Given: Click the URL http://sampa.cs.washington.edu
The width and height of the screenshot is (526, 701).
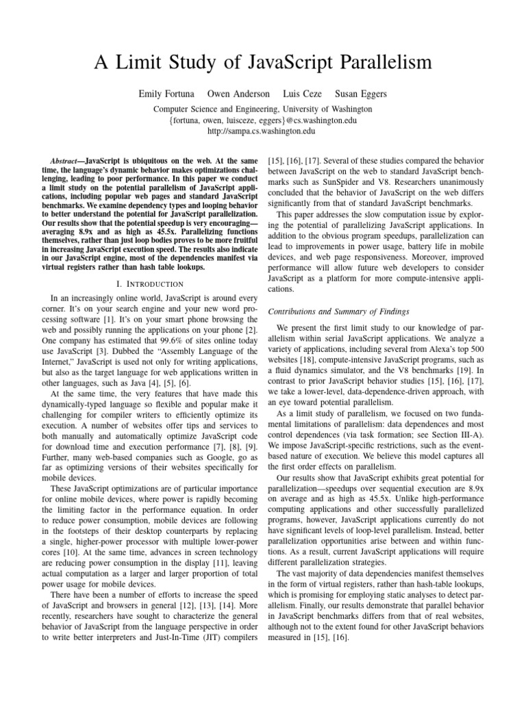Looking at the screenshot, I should pyautogui.click(x=263, y=131).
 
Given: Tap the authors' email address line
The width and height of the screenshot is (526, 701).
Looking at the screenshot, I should pyautogui.click(x=263, y=120).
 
